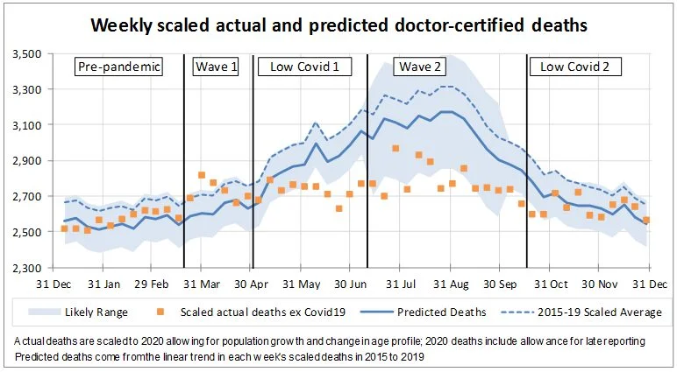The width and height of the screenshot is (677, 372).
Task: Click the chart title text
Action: pos(338,26)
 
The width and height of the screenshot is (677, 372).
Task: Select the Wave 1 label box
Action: pos(217,67)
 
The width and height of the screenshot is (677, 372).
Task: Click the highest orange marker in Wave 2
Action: pos(396,149)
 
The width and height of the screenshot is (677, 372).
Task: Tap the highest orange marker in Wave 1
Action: pos(202,175)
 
